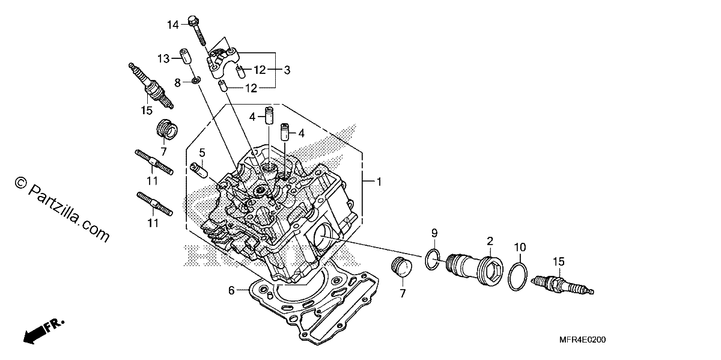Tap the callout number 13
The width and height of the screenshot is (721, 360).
[163, 59]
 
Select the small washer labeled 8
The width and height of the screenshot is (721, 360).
[195, 79]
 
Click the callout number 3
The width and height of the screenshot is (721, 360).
[287, 70]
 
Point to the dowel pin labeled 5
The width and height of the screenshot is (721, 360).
[199, 170]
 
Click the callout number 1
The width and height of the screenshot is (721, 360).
[379, 182]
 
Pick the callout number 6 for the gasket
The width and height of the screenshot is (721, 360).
[231, 290]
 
